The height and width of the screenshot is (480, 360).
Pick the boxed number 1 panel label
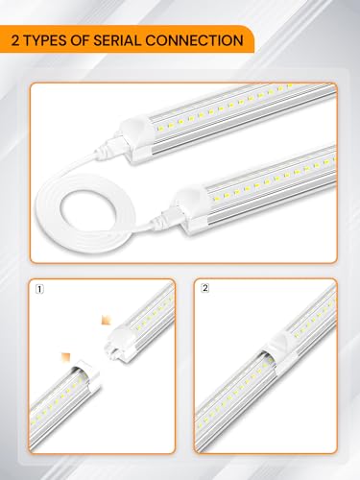[37, 287]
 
